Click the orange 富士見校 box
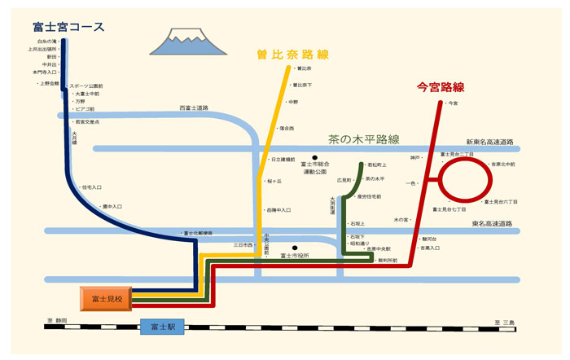pyautogui.click(x=106, y=298)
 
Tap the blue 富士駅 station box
pyautogui.click(x=163, y=327)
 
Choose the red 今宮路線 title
pyautogui.click(x=441, y=86)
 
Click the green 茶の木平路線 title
pyautogui.click(x=363, y=138)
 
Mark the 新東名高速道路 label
pyautogui.click(x=489, y=141)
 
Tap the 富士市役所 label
pyautogui.click(x=294, y=256)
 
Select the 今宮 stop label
pyautogui.click(x=453, y=103)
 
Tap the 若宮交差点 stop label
pyautogui.click(x=86, y=121)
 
